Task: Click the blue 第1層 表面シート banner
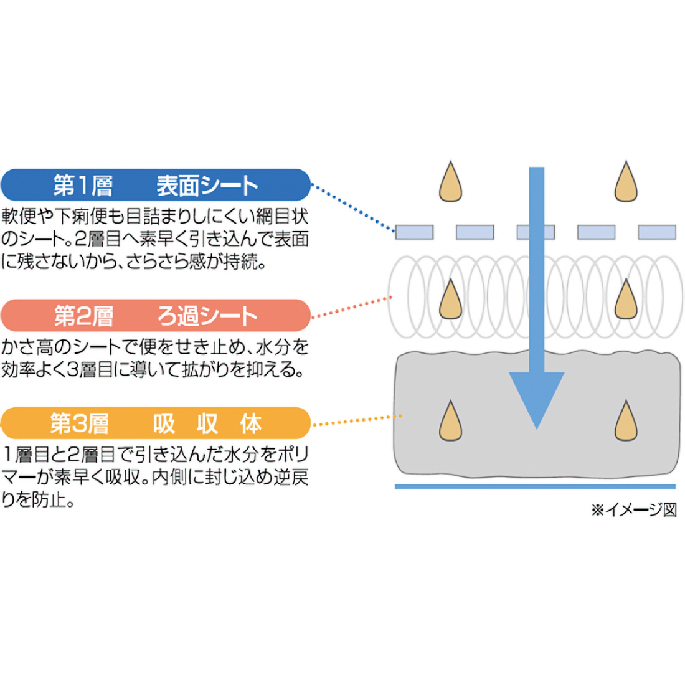[156, 185]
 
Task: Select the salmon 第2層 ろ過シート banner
[156, 316]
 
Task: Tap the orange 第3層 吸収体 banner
[156, 423]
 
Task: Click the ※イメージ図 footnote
[634, 510]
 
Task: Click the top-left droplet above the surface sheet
[450, 182]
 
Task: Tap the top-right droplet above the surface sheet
[626, 182]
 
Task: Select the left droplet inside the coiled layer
[450, 300]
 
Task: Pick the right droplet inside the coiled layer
[626, 300]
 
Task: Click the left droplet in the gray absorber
[450, 421]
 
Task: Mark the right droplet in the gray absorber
[626, 421]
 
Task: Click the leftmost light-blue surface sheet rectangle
[414, 232]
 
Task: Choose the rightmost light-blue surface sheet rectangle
[657, 232]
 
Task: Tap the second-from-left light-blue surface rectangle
[475, 232]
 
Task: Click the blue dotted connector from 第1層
[353, 207]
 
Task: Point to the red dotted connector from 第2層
[352, 307]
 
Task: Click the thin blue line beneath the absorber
[536, 487]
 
